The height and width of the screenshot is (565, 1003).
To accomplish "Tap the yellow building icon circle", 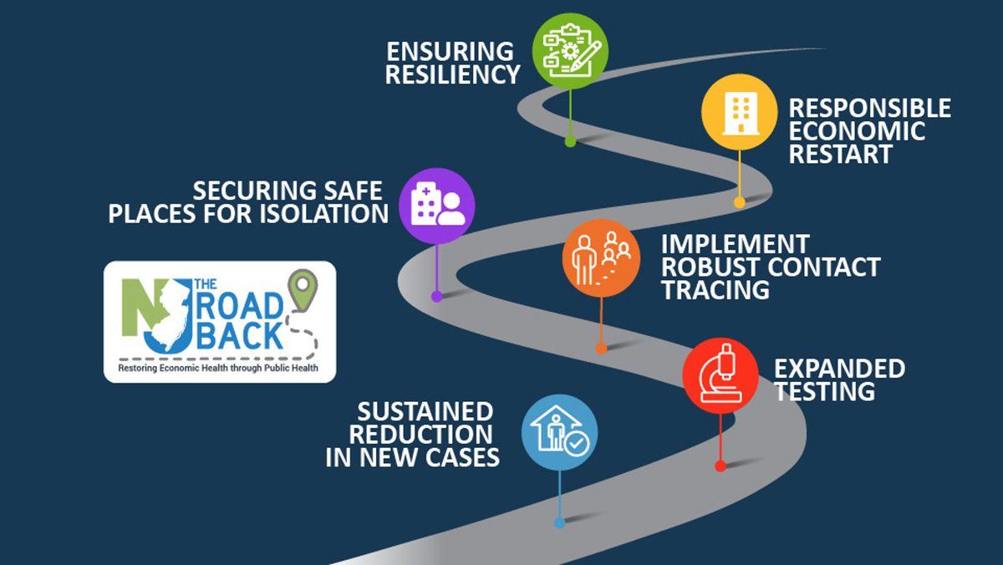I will point(738,112).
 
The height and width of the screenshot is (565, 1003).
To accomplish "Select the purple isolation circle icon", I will point(437,206).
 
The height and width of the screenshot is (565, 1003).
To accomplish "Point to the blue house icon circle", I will point(559,433).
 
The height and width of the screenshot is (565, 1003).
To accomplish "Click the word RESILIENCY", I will point(453,74).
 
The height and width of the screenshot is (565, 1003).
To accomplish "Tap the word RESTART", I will point(841,154).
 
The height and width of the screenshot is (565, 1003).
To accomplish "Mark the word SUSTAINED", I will point(425,411).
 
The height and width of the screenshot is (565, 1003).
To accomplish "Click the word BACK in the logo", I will point(239,335).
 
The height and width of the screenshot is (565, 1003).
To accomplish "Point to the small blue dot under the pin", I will point(559,523).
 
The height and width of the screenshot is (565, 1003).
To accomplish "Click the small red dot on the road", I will point(720,466).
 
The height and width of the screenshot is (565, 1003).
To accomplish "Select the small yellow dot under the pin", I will point(739,202).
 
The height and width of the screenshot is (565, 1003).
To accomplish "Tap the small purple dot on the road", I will point(436,296).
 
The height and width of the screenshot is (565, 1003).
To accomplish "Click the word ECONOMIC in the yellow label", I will point(857,131).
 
